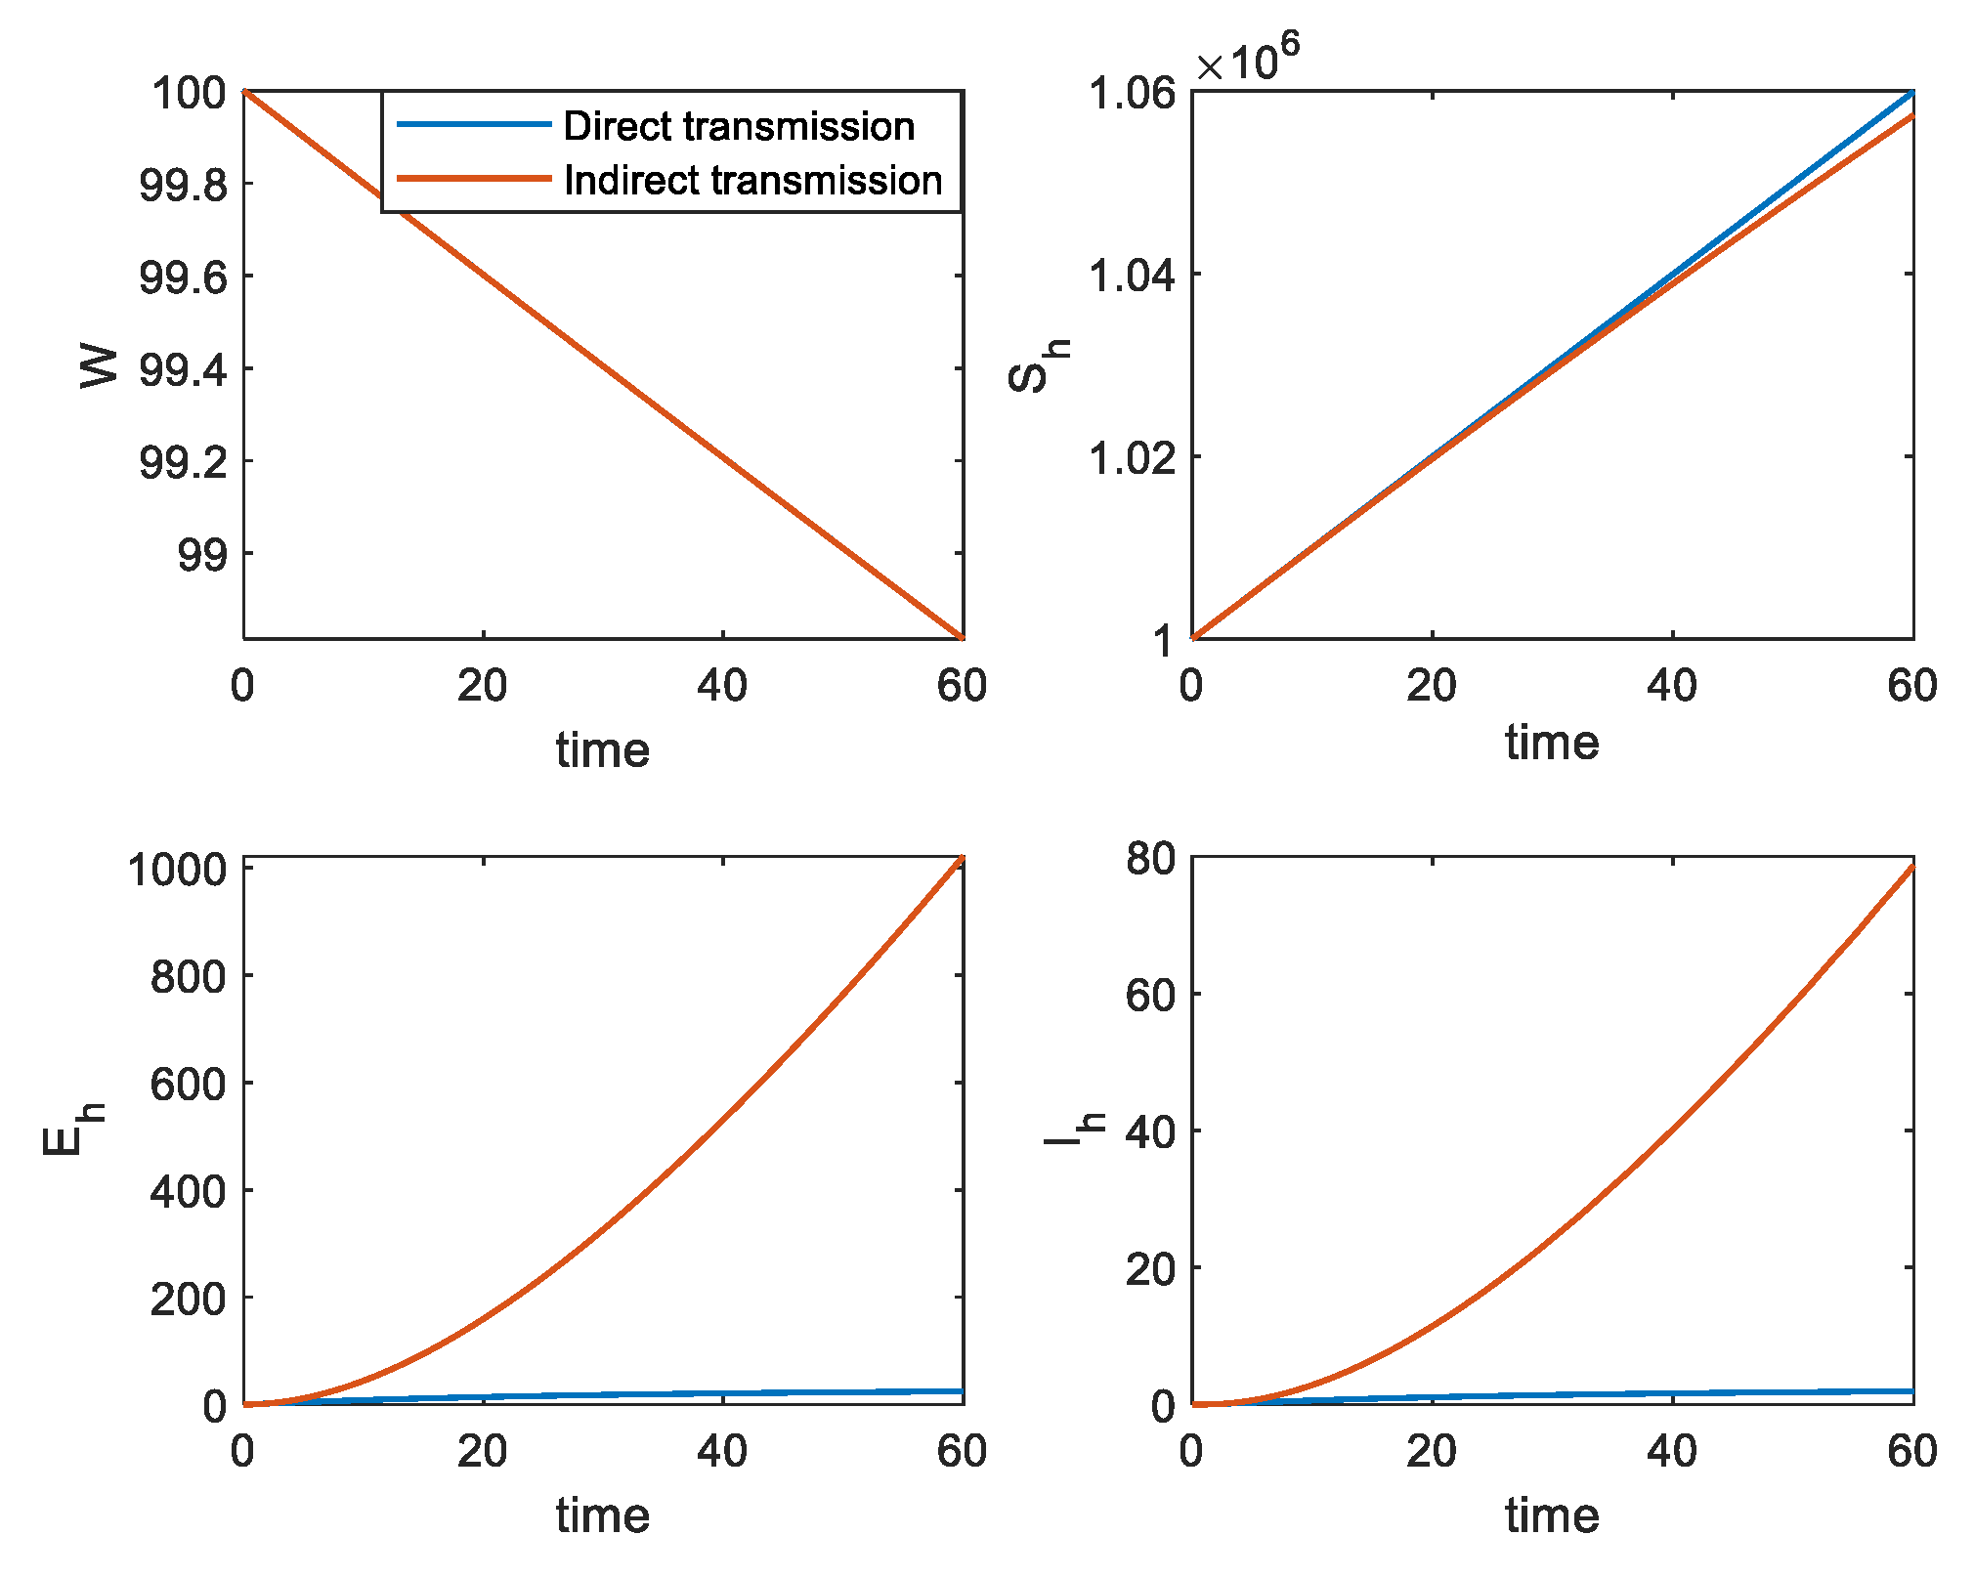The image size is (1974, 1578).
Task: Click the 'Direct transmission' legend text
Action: click(739, 127)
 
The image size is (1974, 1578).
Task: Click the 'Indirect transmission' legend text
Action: click(752, 181)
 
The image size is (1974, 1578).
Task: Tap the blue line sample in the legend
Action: click(474, 124)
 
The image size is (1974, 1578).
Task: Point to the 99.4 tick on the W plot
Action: click(184, 370)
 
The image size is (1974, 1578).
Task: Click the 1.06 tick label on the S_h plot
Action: click(1133, 94)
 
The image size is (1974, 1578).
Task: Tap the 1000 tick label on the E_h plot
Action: click(177, 870)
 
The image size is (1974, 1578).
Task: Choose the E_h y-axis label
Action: click(71, 1130)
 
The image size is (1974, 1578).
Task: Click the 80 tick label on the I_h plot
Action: click(1150, 859)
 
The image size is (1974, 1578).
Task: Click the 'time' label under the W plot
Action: click(603, 750)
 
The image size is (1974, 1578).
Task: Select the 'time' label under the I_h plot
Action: click(1552, 1515)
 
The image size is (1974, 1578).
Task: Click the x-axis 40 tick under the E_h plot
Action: click(722, 1451)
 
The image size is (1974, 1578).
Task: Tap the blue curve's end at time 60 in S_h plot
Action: click(1910, 93)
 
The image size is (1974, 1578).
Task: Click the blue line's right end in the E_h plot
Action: click(962, 1391)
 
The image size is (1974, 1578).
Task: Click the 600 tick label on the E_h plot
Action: click(188, 1084)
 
